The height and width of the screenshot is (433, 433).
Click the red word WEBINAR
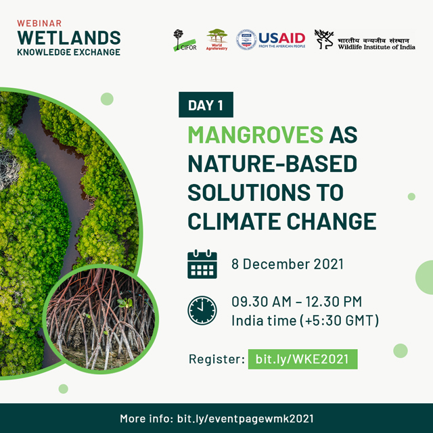39,23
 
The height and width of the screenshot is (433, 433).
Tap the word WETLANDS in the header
69,38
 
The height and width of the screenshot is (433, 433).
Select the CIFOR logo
185,40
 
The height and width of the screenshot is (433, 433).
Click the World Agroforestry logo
216,39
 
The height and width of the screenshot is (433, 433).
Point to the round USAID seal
246,40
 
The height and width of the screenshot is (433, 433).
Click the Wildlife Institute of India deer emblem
323,39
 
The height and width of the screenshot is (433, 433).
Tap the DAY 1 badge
206,105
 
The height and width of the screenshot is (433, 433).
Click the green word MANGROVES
256,135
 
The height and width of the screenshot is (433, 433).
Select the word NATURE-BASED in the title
272,164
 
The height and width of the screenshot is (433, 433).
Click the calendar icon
202,264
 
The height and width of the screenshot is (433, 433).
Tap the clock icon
202,311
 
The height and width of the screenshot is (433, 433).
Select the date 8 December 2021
288,264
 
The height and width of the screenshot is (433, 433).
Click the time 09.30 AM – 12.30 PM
296,302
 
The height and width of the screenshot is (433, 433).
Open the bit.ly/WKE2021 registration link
302,359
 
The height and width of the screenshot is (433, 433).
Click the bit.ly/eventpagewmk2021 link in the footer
245,419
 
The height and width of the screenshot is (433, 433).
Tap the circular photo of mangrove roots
101,319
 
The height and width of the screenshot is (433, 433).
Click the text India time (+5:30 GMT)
305,321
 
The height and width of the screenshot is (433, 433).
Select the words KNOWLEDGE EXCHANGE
69,52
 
